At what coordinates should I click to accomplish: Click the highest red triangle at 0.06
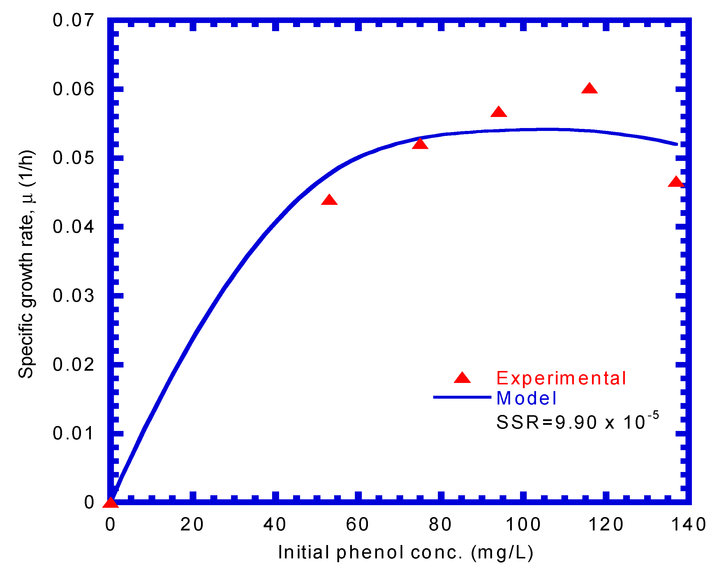point(589,89)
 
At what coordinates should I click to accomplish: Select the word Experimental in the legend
point(561,378)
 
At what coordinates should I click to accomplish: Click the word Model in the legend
point(526,398)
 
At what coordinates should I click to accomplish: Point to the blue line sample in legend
point(462,397)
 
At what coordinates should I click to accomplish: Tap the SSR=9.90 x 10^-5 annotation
point(577,422)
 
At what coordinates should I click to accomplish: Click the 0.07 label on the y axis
point(73,20)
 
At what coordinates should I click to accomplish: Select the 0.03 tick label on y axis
point(73,296)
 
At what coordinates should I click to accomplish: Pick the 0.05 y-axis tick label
point(73,158)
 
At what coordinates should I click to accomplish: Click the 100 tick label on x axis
point(524,524)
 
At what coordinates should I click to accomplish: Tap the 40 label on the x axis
point(275,524)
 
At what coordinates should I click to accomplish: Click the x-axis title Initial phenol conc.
point(406,553)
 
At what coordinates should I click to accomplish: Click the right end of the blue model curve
point(676,144)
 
